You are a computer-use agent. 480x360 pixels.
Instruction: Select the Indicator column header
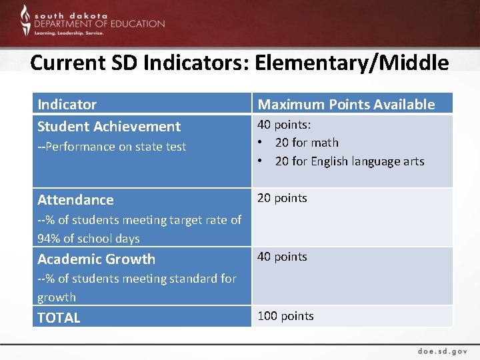pos(67,104)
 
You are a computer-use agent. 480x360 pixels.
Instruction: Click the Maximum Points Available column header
pos(346,104)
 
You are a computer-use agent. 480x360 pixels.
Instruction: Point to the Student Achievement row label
pos(109,126)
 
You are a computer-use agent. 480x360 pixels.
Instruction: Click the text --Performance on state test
pos(111,147)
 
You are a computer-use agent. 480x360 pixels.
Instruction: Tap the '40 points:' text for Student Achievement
pos(284,125)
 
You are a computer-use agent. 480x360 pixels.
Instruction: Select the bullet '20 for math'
pos(306,143)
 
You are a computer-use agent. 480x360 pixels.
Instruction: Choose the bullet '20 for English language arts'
pos(349,161)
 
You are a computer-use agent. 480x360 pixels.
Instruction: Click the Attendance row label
pos(75,199)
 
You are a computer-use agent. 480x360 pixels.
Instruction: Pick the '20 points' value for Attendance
pos(282,198)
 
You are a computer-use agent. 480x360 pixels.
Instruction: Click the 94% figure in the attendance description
pos(50,239)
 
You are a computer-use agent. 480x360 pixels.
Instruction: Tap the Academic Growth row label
pos(96,259)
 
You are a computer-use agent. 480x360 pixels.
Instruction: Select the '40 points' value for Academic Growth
pos(282,257)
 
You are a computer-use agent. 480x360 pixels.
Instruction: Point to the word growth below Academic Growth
pos(57,297)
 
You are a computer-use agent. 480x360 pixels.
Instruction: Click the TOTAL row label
pos(59,317)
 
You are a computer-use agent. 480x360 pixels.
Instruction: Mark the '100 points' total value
pos(285,316)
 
